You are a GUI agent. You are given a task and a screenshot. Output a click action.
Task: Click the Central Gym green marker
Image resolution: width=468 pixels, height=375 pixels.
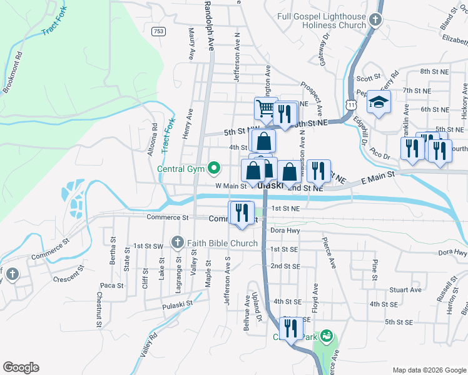[214, 167]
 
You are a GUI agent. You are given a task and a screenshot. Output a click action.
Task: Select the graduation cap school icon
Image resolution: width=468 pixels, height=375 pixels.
[379, 102]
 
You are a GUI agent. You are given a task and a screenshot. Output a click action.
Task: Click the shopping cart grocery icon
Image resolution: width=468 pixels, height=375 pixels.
[265, 109]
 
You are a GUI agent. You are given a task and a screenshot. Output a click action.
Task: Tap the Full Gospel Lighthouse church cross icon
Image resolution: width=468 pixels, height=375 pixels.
[375, 20]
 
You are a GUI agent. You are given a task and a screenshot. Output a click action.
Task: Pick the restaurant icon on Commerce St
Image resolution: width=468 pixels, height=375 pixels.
[241, 212]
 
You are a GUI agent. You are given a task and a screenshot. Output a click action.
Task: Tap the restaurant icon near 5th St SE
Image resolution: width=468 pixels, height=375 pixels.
[290, 328]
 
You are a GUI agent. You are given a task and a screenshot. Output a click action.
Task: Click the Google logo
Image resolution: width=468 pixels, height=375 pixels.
[21, 367]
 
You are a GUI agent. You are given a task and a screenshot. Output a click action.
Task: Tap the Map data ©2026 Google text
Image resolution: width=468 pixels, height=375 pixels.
[429, 370]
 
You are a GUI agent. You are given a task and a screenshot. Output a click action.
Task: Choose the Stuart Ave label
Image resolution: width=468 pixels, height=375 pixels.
[405, 290]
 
